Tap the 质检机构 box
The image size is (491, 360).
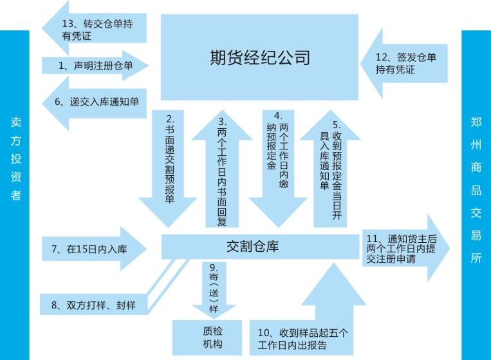(x=207, y=338)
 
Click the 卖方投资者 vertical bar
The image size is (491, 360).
(x=15, y=193)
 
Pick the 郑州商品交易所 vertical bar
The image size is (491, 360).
(x=476, y=193)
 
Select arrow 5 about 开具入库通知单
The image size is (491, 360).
(x=331, y=171)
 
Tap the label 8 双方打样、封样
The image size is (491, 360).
(x=95, y=303)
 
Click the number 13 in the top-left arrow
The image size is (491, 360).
(x=69, y=24)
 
